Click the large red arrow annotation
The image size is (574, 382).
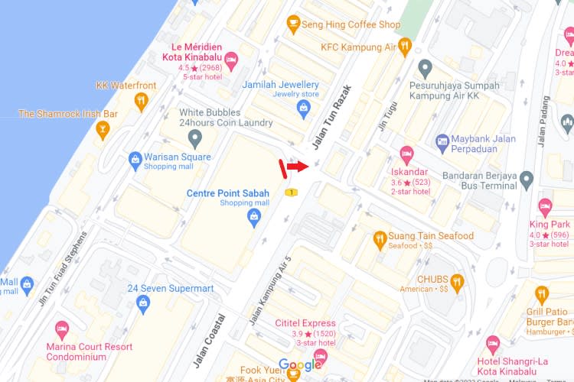pos(298,167)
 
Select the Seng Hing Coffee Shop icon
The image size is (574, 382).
pos(292,24)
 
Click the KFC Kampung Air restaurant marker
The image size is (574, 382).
pos(405,47)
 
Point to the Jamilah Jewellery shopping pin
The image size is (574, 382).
pos(305,110)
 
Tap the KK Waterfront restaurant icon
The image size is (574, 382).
pos(140,101)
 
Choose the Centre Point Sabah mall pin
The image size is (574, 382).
pos(254,219)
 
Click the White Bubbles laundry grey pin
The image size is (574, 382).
pos(194,138)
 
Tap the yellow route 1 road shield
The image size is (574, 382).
pos(292,193)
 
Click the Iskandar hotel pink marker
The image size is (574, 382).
pos(406,153)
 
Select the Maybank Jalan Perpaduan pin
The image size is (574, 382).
pos(442,141)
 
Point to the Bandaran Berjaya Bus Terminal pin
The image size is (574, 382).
pos(526,180)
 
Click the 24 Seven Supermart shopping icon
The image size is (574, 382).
pos(142,303)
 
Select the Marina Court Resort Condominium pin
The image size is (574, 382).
pos(62,330)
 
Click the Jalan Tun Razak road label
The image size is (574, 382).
pos(331,117)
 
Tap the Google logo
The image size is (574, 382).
pos(300,364)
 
